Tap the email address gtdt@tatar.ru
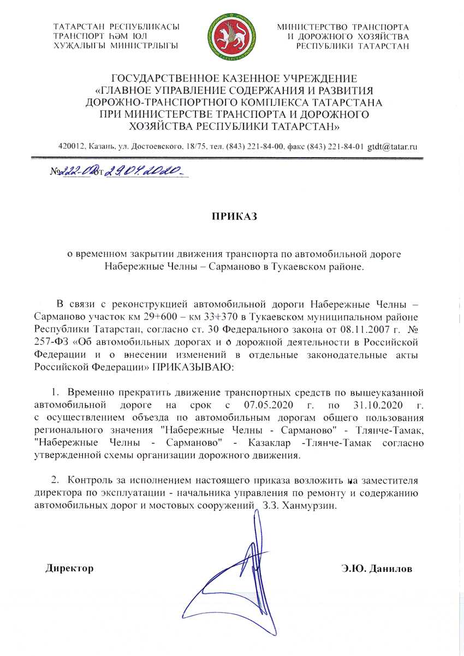tap(392, 146)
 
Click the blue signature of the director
tap(240, 568)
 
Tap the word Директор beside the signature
tap(69, 568)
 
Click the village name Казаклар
tap(272, 442)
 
